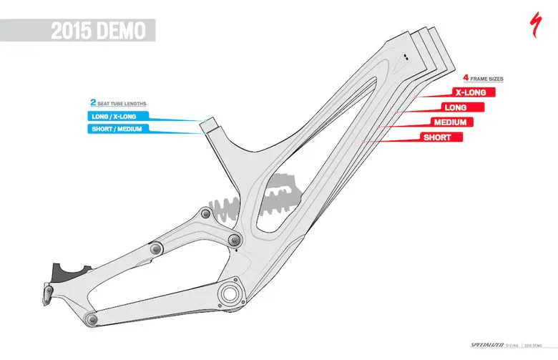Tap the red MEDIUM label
(x=449, y=122)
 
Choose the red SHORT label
(x=437, y=137)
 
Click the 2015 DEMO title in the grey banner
(x=98, y=31)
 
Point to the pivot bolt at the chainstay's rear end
(x=90, y=317)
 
